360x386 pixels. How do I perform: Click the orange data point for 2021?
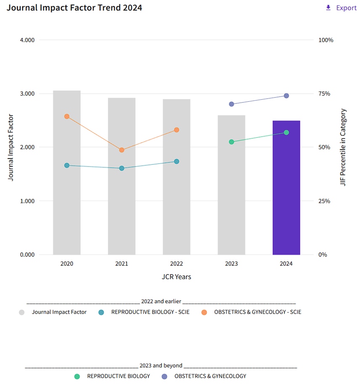coord(122,150)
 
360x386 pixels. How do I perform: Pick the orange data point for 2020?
coord(66,116)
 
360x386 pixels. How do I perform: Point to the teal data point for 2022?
coord(177,161)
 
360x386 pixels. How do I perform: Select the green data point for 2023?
coord(231,142)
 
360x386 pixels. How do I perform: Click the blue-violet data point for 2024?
coord(286,96)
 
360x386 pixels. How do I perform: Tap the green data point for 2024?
coord(286,132)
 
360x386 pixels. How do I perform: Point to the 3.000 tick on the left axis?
coord(27,94)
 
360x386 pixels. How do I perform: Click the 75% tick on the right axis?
coord(324,94)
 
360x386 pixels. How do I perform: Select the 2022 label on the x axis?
coord(177,264)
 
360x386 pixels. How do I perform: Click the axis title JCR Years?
coord(177,277)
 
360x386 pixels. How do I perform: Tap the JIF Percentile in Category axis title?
coord(343,147)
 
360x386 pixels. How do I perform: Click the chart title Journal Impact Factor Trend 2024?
coord(74,8)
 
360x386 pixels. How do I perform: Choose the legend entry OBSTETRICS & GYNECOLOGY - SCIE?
coord(257,312)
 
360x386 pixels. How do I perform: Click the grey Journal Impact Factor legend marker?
coord(22,312)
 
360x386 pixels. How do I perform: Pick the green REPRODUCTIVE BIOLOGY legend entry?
coord(118,376)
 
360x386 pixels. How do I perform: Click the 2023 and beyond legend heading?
coord(161,366)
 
